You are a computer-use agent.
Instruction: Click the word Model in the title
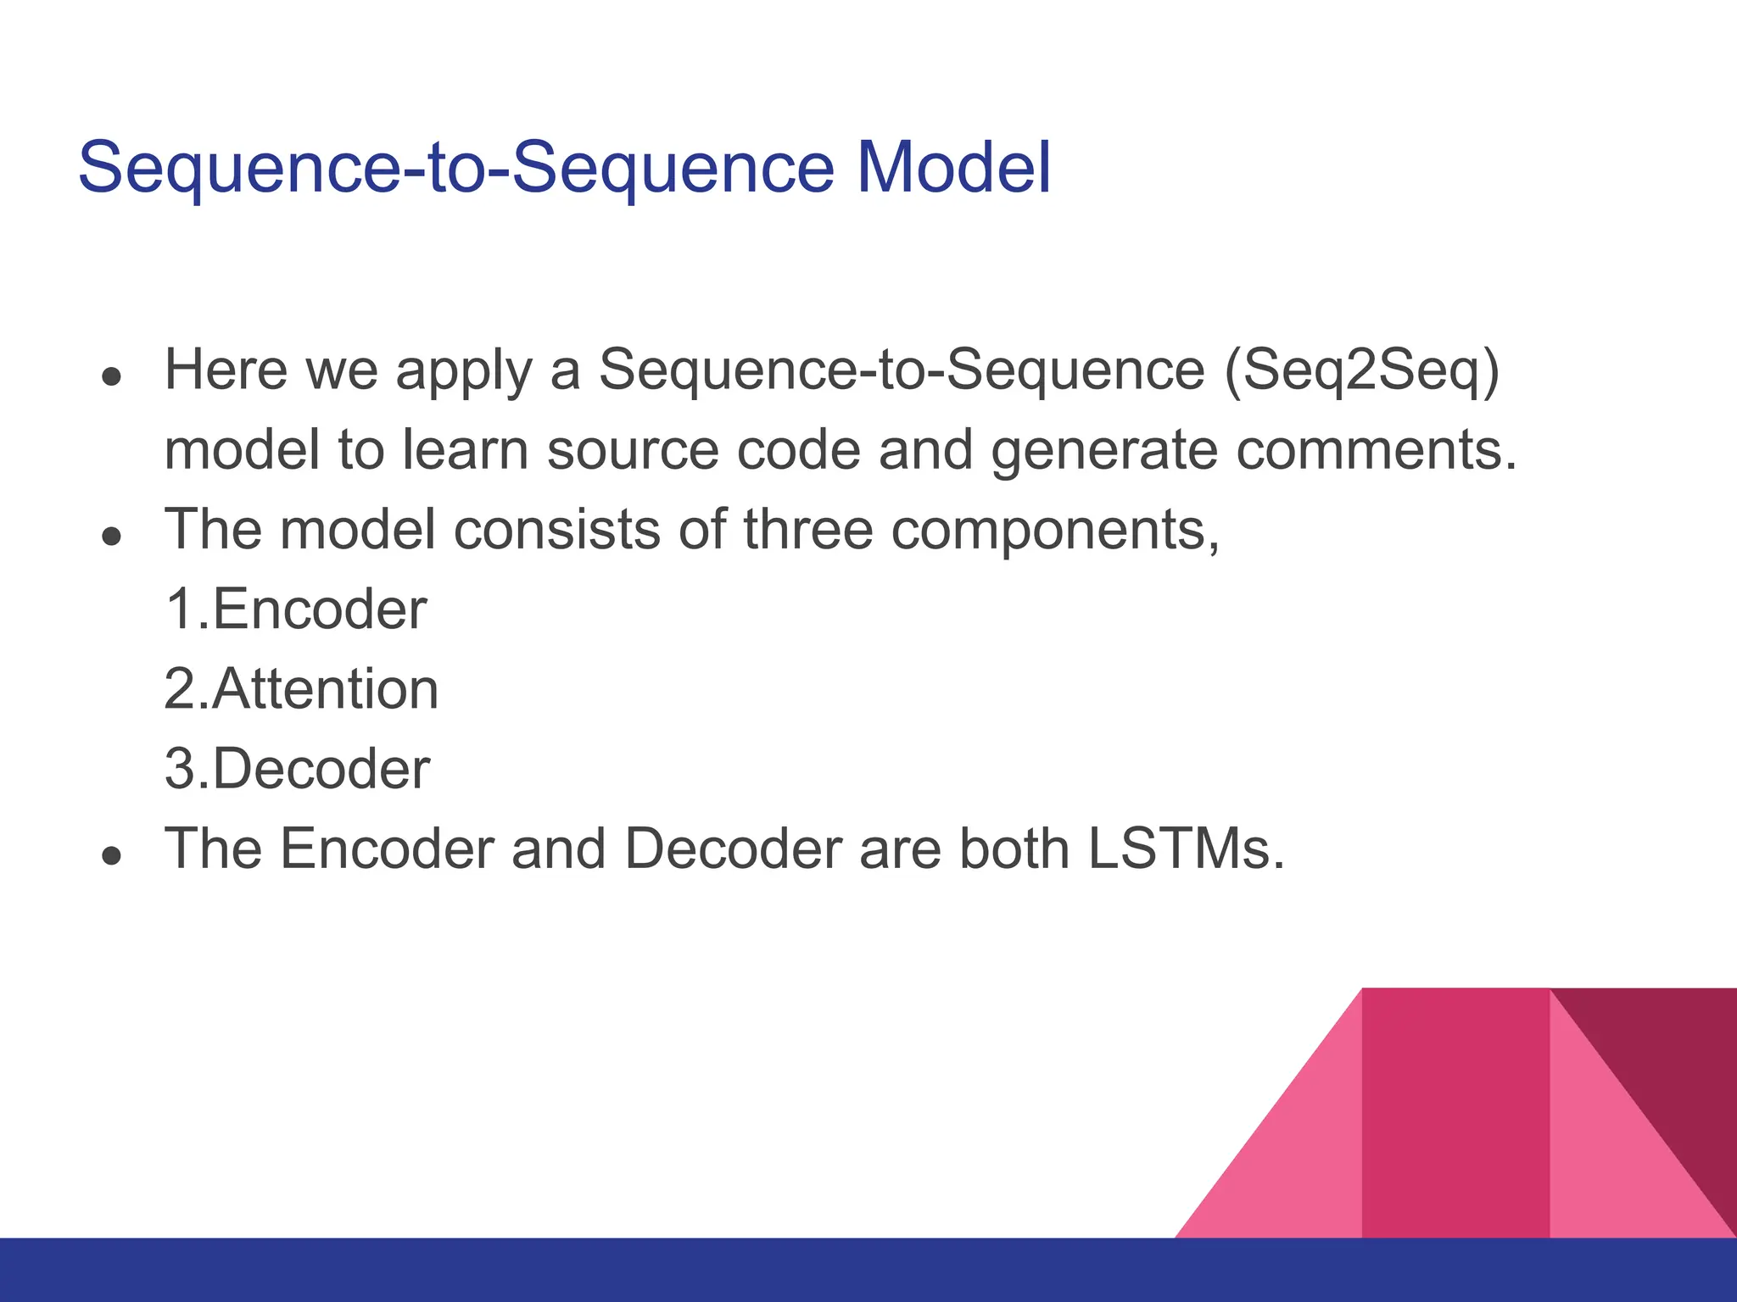(x=953, y=167)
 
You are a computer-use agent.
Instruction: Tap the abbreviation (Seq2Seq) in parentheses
(x=1362, y=370)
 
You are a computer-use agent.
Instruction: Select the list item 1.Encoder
(x=295, y=609)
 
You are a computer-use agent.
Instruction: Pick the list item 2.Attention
(x=301, y=689)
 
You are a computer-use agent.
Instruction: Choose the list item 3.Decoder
(x=297, y=769)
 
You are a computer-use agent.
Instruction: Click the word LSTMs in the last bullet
(x=1185, y=849)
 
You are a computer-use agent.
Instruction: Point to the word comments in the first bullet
(x=1375, y=450)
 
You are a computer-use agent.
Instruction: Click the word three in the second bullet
(x=807, y=530)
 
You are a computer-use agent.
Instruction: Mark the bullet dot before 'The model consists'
(x=111, y=537)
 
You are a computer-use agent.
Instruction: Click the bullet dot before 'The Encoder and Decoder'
(x=111, y=855)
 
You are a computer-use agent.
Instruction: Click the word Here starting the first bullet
(x=226, y=370)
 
